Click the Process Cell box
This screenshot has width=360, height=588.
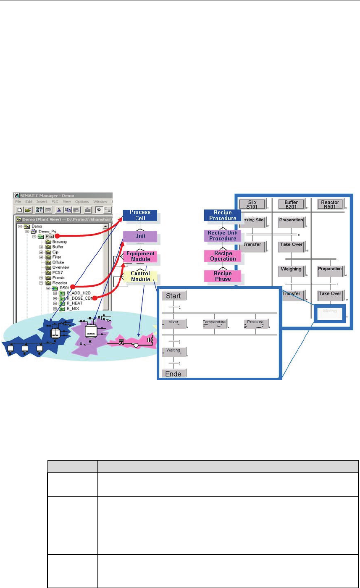[x=140, y=215]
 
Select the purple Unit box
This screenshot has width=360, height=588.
[x=140, y=236]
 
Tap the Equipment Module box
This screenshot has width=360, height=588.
[x=140, y=256]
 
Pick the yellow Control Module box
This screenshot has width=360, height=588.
[x=140, y=277]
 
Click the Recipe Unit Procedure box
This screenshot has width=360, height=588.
[x=223, y=235]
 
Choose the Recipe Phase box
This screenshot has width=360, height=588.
[x=223, y=276]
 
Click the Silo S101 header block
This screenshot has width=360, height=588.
[x=253, y=204]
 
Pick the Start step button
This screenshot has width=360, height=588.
[x=174, y=296]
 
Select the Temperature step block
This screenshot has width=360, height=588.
[x=214, y=323]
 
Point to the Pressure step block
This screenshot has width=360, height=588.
[x=255, y=323]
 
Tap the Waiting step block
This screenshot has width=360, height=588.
[x=174, y=351]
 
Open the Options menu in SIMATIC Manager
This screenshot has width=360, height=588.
[x=82, y=202]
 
